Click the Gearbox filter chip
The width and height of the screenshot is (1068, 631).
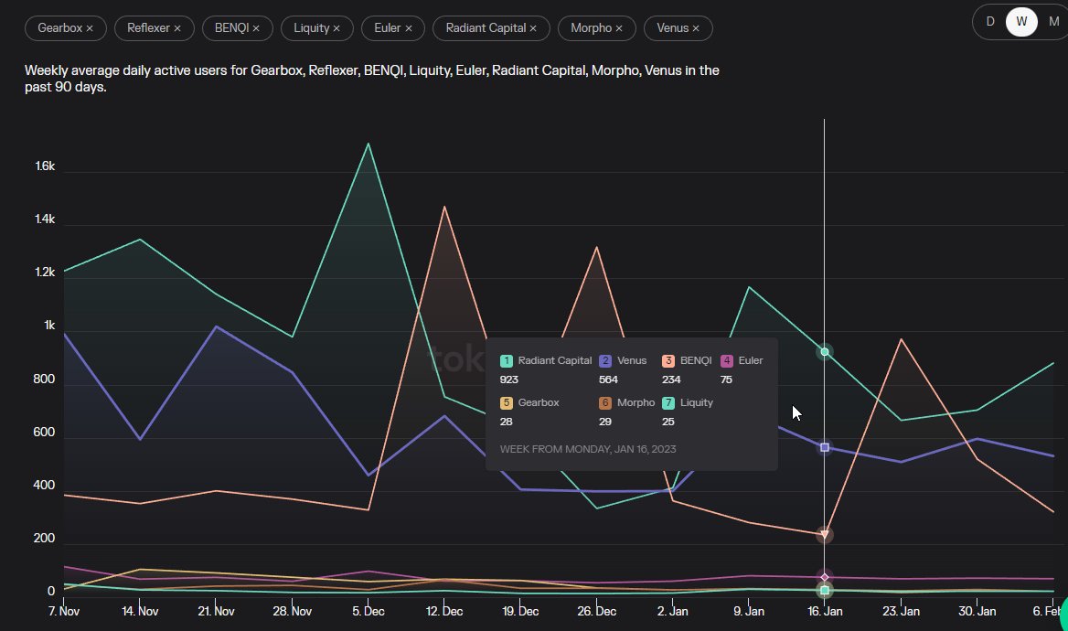[x=65, y=28]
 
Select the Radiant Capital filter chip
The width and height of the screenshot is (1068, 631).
[x=491, y=28]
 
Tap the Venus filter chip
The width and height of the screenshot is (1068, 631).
[x=678, y=28]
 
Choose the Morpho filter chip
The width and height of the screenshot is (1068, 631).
[x=596, y=28]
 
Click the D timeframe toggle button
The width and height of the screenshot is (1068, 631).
[x=989, y=22]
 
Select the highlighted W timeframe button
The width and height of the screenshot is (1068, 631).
[x=1021, y=22]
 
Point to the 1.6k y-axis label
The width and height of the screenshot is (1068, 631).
[x=45, y=167]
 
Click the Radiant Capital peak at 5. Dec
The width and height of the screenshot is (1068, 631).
[x=368, y=144]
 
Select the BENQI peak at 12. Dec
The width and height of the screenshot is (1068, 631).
[x=443, y=207]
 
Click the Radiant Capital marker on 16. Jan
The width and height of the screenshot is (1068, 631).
[x=825, y=352]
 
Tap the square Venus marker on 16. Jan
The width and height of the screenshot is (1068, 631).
[x=825, y=447]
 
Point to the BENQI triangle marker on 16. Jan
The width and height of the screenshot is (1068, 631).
[x=825, y=534]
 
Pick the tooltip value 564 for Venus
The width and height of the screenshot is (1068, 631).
[x=608, y=380]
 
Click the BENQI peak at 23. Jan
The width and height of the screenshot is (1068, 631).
[x=901, y=339]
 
